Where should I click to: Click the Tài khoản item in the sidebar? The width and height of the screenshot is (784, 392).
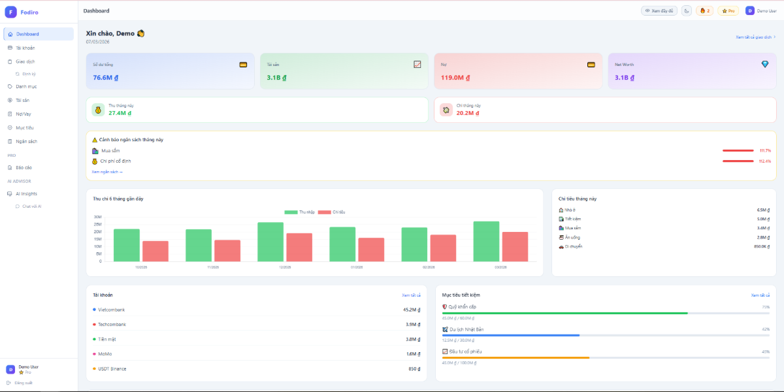(25, 48)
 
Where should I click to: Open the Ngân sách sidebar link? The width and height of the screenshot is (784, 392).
(27, 141)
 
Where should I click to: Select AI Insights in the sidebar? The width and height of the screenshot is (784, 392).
(26, 193)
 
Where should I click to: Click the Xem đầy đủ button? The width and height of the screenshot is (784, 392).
(659, 10)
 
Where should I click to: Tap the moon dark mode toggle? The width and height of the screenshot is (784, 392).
(686, 10)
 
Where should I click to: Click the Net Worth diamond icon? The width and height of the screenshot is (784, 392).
(765, 64)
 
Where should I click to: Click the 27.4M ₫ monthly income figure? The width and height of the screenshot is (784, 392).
(120, 113)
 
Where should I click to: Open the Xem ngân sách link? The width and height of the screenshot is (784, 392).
(107, 172)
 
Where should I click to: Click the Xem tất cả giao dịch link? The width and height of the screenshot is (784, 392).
(755, 37)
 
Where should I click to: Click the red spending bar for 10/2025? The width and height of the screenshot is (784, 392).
(155, 251)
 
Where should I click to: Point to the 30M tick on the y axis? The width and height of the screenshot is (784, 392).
(97, 217)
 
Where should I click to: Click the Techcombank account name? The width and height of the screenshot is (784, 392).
(112, 325)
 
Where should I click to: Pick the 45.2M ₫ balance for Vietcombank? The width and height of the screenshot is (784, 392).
(411, 310)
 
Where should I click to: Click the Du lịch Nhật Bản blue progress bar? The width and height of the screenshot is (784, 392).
(510, 335)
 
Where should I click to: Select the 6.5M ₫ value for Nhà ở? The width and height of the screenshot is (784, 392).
(763, 210)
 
